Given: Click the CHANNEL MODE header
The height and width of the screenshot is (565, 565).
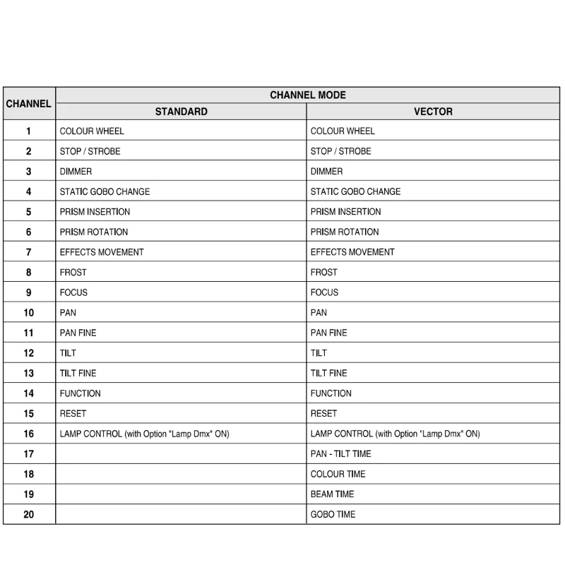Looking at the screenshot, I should (x=307, y=95).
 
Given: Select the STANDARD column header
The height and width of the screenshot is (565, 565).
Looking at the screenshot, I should (x=181, y=112).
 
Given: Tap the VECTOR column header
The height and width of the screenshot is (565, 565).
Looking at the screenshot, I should (x=433, y=112).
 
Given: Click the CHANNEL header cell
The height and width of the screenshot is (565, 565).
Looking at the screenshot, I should (x=28, y=104).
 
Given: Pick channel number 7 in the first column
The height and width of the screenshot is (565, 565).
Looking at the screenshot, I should (x=28, y=252).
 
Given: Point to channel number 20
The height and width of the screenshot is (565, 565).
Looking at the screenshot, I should (x=28, y=515).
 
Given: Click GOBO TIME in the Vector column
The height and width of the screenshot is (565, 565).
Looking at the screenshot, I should (x=333, y=515).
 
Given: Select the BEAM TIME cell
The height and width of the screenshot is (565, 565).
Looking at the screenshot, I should (x=332, y=494).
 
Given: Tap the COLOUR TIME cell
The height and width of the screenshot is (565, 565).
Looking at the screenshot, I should (x=338, y=474).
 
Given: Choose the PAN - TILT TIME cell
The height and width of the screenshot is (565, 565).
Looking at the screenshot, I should (x=340, y=454).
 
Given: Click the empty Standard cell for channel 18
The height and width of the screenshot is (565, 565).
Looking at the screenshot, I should (x=181, y=474).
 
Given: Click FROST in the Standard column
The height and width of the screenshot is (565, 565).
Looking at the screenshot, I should (x=73, y=273).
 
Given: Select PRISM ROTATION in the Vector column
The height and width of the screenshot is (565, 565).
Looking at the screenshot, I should (x=345, y=232).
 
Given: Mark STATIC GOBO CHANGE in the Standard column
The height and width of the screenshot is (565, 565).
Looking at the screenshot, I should (x=105, y=191).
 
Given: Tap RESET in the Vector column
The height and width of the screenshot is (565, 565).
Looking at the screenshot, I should (x=323, y=414).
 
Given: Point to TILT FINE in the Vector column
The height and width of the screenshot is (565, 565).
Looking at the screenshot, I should (x=328, y=373).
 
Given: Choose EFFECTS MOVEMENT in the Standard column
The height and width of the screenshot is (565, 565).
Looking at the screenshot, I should (x=101, y=252).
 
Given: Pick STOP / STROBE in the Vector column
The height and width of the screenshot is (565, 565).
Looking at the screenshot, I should (x=340, y=151).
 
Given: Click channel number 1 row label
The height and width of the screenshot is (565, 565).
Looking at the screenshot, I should (x=28, y=131).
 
